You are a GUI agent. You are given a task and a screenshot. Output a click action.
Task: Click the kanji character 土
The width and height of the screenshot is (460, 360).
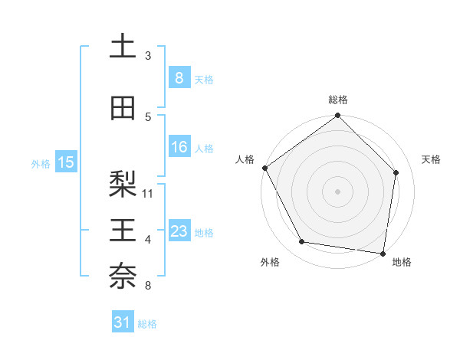point(123,46)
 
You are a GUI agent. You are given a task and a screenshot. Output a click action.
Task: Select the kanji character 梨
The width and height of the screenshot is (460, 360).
point(123,183)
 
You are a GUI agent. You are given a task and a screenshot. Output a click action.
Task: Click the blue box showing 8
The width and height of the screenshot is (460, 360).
point(179,77)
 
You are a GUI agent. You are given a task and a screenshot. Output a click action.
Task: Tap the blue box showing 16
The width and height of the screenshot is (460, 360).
point(179,147)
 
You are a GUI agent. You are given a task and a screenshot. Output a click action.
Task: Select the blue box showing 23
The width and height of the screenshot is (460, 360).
point(179,231)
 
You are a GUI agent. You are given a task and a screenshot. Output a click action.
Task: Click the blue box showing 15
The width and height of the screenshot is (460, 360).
point(65,162)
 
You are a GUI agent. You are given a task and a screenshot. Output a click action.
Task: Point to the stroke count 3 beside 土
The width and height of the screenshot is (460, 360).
point(148,56)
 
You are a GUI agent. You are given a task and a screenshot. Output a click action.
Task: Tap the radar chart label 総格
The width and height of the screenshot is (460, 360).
point(337,100)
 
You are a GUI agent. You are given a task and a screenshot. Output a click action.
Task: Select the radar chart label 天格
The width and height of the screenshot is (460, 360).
point(432,159)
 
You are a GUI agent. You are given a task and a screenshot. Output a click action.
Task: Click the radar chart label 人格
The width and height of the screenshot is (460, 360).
point(245,159)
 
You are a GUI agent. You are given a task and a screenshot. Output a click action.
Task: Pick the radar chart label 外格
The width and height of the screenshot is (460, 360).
point(270,262)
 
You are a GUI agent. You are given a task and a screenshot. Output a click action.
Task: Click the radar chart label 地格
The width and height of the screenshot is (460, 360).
point(402,262)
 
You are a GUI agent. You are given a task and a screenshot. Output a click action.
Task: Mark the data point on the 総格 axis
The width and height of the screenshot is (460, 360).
point(337,116)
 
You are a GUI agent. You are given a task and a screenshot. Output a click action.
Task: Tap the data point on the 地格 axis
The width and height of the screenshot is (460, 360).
point(383,253)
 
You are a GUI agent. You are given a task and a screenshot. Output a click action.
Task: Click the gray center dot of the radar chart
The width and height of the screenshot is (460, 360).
point(337,191)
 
